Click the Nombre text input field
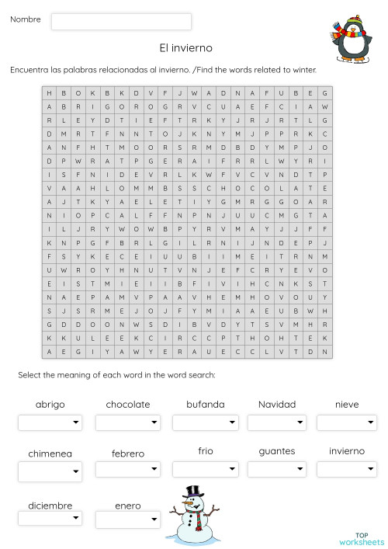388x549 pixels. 121,21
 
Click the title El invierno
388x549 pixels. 185,48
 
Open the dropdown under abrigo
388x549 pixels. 50,422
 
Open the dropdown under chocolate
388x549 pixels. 127,422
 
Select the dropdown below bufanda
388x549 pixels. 205,422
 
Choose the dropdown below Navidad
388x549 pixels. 276,422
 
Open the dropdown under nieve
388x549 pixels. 346,422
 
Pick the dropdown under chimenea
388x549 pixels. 50,471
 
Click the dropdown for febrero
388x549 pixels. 127,469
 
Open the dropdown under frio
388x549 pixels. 205,469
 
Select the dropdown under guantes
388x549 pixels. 276,469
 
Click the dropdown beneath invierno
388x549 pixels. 346,469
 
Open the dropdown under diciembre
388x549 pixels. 50,518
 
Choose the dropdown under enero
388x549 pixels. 127,518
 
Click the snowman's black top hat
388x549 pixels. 193,492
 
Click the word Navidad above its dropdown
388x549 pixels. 277,405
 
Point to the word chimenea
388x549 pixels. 50,453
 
